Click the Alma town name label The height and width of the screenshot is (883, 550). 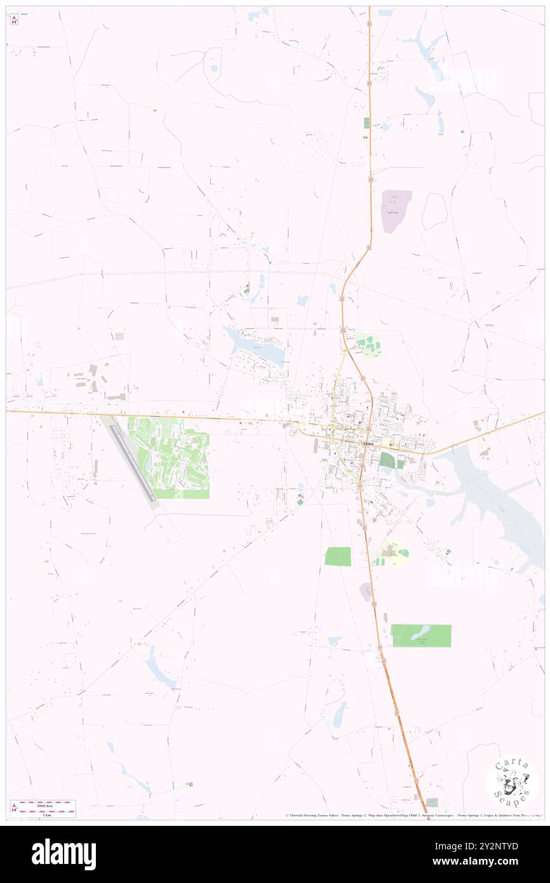(x=368, y=444)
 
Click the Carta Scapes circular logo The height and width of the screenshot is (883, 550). (x=512, y=781)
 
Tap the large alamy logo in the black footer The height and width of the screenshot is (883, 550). (x=64, y=854)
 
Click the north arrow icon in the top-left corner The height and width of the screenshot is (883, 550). (x=14, y=20)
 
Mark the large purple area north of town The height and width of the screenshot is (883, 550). (x=395, y=210)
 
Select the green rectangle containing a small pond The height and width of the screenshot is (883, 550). (x=420, y=635)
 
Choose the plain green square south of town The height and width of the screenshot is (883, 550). (x=337, y=556)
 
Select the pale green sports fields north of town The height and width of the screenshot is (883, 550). (x=367, y=345)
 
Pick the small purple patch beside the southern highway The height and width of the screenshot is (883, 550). (x=366, y=591)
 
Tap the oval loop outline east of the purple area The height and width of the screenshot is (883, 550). (x=434, y=212)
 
